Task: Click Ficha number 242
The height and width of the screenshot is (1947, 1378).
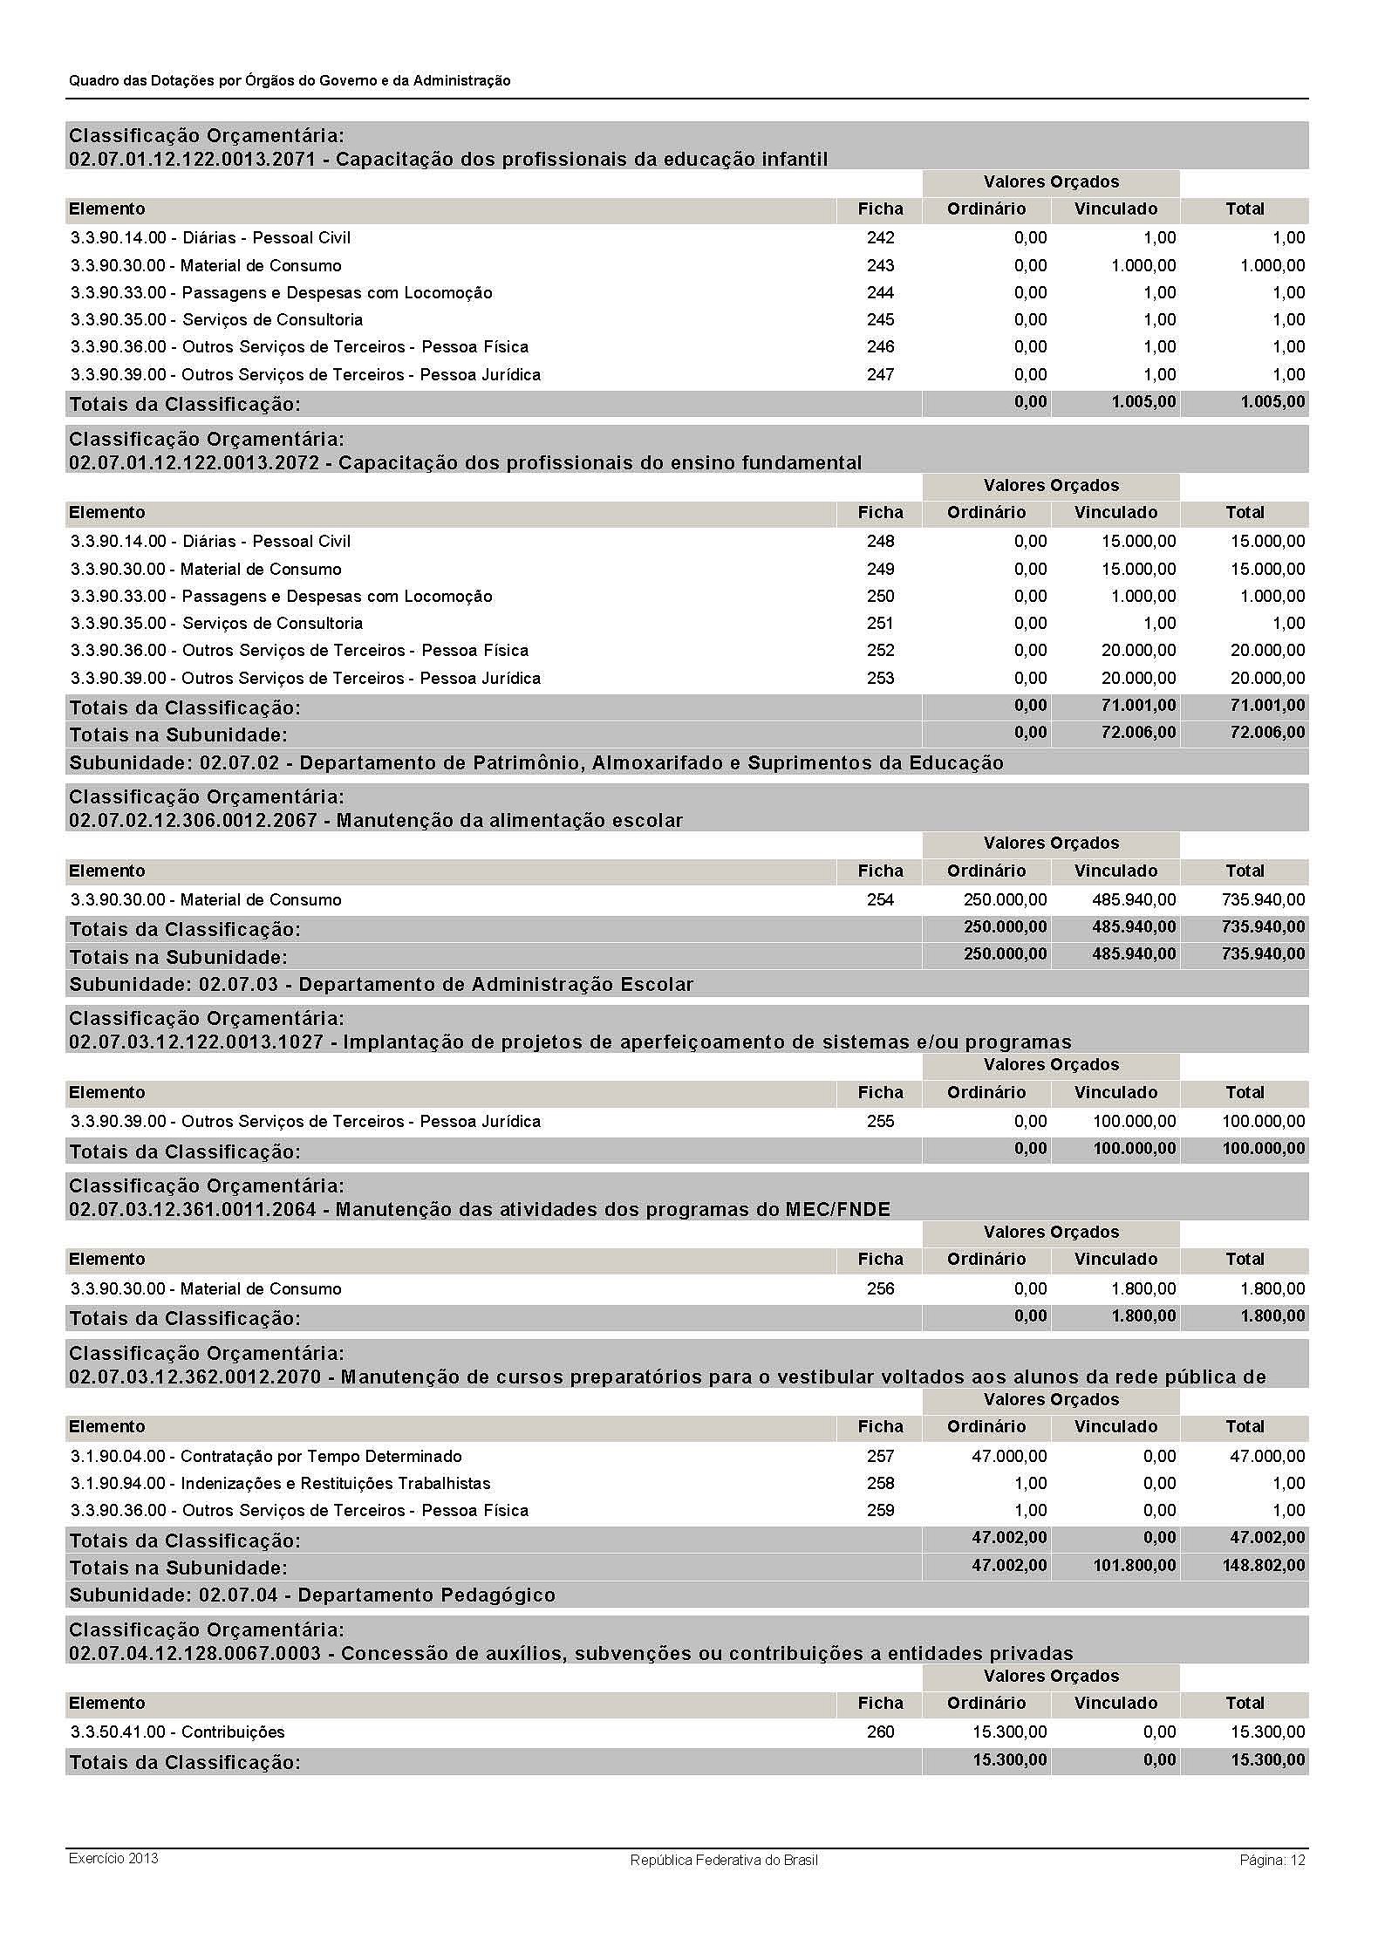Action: tap(880, 237)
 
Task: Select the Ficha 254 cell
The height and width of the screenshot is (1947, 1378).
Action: tap(880, 899)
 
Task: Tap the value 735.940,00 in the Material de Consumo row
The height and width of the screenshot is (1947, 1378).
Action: tap(1263, 899)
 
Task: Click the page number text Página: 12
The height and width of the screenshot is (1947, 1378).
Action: tap(1272, 1859)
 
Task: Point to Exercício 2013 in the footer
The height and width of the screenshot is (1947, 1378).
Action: tap(113, 1857)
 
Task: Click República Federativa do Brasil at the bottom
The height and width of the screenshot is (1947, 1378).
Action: tap(723, 1860)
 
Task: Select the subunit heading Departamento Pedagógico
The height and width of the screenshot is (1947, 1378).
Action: tap(312, 1595)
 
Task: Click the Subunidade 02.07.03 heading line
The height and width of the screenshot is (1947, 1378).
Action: tap(381, 984)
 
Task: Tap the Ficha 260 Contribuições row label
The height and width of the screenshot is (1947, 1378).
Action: tap(178, 1732)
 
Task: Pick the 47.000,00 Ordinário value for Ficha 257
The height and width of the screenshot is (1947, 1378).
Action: tap(1009, 1456)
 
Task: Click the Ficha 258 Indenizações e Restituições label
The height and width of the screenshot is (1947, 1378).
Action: tap(280, 1483)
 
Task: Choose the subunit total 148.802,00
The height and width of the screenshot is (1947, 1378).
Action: tap(1263, 1565)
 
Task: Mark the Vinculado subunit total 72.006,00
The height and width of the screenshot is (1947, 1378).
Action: tap(1138, 732)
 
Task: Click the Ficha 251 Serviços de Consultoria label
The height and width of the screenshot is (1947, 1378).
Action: tap(216, 623)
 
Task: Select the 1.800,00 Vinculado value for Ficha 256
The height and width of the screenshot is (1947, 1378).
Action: tap(1143, 1288)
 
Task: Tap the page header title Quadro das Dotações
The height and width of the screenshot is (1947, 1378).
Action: tap(290, 80)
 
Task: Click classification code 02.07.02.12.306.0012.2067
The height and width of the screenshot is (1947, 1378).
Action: tap(193, 820)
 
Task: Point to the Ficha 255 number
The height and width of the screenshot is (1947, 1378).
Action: tap(880, 1121)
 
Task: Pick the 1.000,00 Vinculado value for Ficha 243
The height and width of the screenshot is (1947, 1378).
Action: tap(1143, 265)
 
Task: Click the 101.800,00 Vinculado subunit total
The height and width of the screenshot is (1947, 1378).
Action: tap(1134, 1565)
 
